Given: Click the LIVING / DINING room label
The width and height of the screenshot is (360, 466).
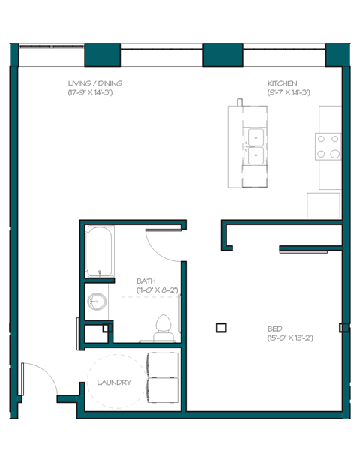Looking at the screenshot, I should click(x=95, y=83).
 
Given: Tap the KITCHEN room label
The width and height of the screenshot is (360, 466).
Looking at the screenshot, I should click(x=283, y=83).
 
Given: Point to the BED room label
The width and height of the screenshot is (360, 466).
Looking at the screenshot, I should click(x=276, y=329).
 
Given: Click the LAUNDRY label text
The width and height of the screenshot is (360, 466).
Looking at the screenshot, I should click(x=114, y=383).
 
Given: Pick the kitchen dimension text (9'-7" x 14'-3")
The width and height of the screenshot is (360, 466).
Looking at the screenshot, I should click(x=289, y=92).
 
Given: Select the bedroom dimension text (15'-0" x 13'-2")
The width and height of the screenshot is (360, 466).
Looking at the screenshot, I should click(x=289, y=338).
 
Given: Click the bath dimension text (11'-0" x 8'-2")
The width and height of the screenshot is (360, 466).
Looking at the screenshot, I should click(x=156, y=290).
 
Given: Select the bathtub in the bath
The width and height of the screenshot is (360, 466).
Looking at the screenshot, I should click(x=99, y=252).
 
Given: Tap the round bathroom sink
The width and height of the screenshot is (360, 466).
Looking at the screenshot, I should click(x=97, y=302).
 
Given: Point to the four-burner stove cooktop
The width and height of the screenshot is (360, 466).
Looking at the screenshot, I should click(x=328, y=146).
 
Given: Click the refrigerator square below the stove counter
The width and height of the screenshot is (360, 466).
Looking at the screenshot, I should click(x=323, y=206).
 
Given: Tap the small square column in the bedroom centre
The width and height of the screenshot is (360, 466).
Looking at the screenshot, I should click(x=220, y=327).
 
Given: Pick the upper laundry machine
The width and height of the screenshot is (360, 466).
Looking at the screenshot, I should click(x=163, y=363).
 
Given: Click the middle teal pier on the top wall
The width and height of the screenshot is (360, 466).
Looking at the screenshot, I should click(x=223, y=55).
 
